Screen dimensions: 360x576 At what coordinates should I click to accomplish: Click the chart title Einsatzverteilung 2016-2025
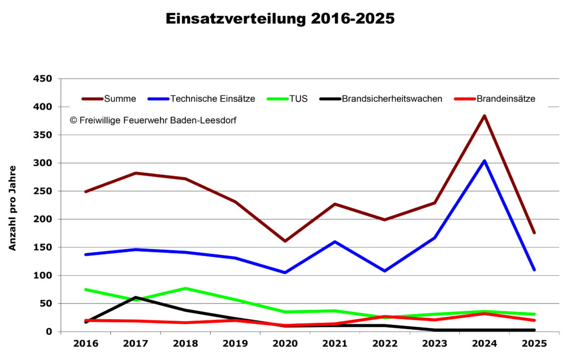[280, 19]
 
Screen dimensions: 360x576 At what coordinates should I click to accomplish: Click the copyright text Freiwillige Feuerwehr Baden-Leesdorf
[153, 121]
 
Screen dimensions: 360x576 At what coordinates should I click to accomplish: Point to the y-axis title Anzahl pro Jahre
[12, 208]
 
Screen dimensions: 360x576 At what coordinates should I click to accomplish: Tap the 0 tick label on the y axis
[49, 332]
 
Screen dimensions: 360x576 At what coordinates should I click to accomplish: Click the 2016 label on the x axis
[85, 344]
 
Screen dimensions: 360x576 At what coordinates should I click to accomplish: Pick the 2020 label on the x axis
[285, 344]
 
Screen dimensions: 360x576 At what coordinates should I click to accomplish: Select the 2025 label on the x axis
[534, 344]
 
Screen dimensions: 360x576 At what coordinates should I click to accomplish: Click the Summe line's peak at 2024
[484, 116]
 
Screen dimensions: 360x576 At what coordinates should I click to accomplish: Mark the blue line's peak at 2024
[484, 161]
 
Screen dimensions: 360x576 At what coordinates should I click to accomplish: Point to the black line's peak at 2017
[135, 298]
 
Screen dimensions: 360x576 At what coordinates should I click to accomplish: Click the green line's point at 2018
[185, 289]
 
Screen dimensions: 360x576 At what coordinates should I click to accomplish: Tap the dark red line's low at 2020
[285, 241]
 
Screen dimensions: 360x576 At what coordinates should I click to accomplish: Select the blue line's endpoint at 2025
[534, 270]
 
